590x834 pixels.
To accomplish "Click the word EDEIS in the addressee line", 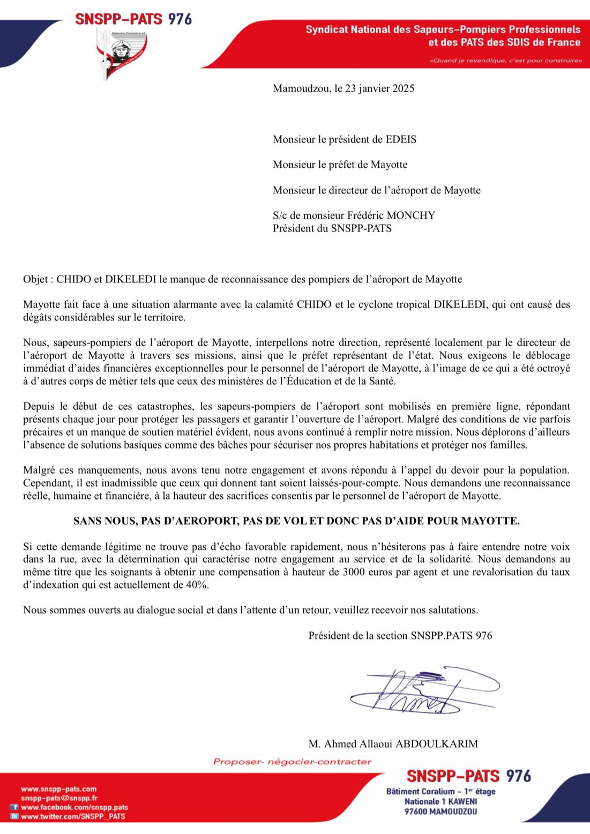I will (401, 139).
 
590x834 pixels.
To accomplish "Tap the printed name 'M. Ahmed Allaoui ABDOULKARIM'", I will (393, 743).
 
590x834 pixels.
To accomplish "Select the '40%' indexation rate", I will (197, 585).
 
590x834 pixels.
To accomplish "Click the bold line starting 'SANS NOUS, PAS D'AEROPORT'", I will (296, 521).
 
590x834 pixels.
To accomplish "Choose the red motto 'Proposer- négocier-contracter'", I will (292, 762).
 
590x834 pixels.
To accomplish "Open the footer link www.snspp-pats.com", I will (59, 789).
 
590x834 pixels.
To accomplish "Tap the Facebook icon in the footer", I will (15, 807).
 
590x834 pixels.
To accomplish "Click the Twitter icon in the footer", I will (15, 816).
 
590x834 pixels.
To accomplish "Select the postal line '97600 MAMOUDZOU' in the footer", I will (440, 811).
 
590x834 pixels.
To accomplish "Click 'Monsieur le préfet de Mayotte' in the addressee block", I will (340, 165).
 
